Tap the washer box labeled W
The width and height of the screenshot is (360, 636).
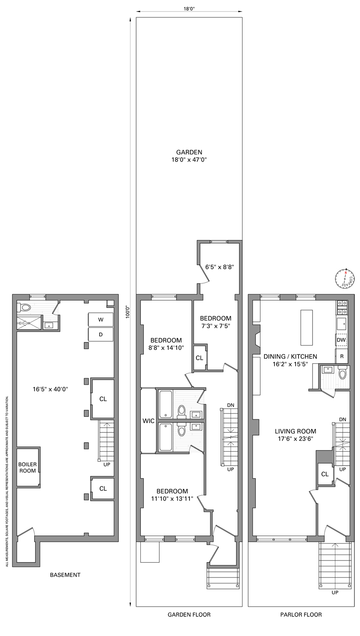click(100, 319)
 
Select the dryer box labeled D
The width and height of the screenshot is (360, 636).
click(100, 334)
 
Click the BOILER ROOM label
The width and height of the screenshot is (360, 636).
click(28, 467)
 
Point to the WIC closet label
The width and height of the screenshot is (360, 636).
click(148, 421)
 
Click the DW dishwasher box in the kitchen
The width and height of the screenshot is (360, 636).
click(341, 340)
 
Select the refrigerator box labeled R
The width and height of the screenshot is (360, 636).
click(341, 356)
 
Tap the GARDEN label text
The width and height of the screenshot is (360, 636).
click(189, 152)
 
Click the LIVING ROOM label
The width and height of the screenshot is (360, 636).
click(295, 432)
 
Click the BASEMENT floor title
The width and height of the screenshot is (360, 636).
click(65, 575)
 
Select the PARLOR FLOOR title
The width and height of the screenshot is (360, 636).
click(301, 614)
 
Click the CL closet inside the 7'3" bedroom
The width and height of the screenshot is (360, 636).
click(199, 358)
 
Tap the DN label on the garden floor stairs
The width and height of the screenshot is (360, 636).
click(230, 405)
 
